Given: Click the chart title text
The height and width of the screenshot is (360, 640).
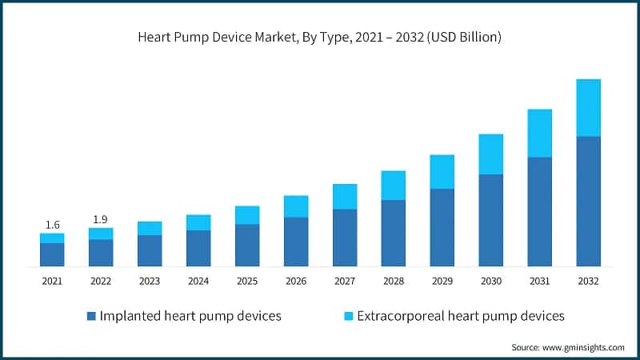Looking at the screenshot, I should [319, 38].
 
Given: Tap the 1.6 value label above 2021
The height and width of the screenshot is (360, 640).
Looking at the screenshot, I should [52, 225].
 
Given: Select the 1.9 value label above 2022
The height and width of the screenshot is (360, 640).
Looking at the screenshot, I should [101, 219].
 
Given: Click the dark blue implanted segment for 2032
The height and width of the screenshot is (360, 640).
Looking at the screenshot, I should [588, 201].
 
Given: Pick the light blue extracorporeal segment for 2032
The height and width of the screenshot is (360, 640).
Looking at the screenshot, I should [588, 107].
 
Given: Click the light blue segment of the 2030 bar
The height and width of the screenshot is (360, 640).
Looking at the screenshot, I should [490, 154].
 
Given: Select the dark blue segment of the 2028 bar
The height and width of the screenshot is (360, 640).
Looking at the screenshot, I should [393, 233].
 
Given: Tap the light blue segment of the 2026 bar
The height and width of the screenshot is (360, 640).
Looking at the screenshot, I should [296, 206].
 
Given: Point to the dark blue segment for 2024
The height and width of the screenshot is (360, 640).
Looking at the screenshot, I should [198, 248].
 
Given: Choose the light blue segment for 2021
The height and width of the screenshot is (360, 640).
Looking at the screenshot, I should [52, 238].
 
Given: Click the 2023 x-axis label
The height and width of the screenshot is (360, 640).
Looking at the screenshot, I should [150, 282].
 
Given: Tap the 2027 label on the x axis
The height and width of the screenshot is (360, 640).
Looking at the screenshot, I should [345, 282].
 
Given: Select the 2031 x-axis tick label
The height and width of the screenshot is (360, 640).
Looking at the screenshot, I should [539, 282].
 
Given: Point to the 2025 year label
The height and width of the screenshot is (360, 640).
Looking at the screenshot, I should [247, 282].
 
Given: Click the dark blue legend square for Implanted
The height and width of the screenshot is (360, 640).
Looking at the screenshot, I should [90, 316].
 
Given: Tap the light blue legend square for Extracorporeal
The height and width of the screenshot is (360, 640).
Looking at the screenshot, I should [347, 316].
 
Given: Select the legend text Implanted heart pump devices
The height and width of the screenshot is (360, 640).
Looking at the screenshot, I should [190, 316].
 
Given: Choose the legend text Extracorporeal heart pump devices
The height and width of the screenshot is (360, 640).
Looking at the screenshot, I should [461, 316].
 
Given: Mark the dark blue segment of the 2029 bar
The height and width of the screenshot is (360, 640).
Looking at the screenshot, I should [442, 227].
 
